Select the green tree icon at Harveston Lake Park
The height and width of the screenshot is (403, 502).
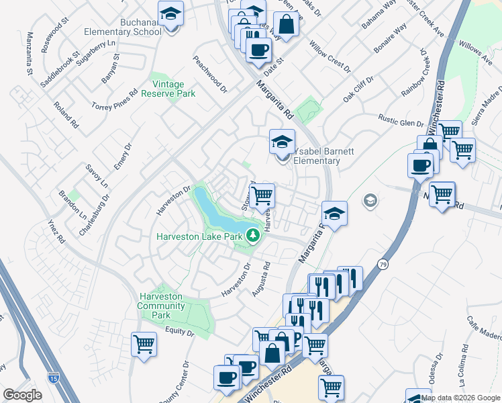tap(253, 235)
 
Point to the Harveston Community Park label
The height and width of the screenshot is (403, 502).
tap(161, 306)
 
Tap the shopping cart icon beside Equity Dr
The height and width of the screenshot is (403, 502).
tap(144, 344)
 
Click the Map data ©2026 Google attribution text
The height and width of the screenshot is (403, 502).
tap(461, 398)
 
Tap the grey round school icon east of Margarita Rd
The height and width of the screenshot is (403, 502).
tap(370, 200)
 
